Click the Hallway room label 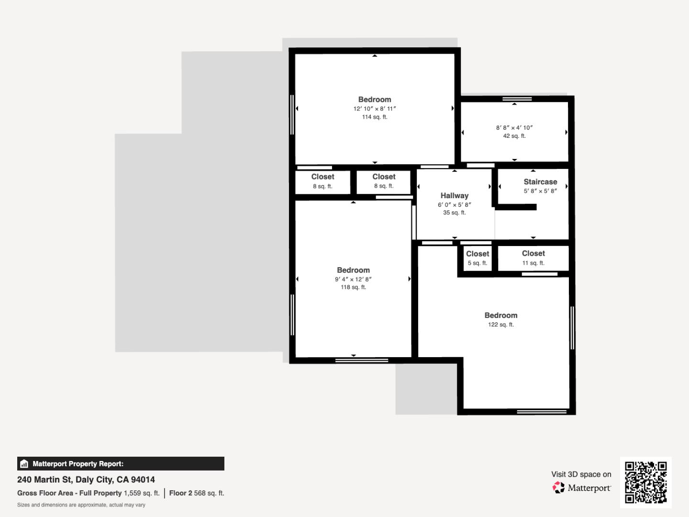(454, 196)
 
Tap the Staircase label (540, 182)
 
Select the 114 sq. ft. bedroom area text (375, 117)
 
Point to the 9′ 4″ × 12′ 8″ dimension (353, 279)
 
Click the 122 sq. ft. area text (500, 325)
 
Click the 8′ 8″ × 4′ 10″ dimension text (514, 128)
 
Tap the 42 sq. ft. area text (514, 136)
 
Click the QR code (645, 482)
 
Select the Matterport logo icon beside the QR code (558, 487)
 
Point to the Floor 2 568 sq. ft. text (197, 493)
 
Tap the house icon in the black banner (24, 464)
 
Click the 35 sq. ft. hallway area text (454, 213)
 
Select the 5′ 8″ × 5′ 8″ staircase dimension (540, 191)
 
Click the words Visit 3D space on (581, 474)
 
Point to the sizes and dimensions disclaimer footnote (81, 505)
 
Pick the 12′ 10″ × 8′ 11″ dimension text (375, 109)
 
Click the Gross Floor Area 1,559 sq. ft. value (142, 493)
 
